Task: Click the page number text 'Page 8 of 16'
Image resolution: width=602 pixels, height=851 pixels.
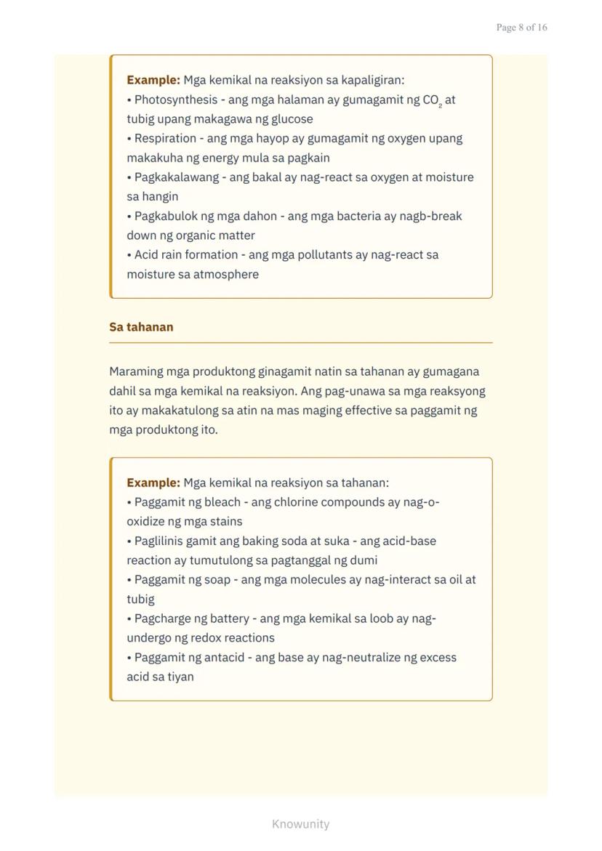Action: point(521,28)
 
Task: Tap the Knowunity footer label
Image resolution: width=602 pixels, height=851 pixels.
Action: point(300,824)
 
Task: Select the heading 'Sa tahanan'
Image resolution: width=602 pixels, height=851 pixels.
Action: point(141,327)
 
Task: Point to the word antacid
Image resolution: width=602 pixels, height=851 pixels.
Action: point(220,658)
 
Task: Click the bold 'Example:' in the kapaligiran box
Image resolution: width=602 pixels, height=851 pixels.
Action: point(153,80)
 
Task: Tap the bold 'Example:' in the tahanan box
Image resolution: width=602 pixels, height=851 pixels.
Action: point(153,483)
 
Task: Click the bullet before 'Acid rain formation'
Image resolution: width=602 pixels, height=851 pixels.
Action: point(129,255)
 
